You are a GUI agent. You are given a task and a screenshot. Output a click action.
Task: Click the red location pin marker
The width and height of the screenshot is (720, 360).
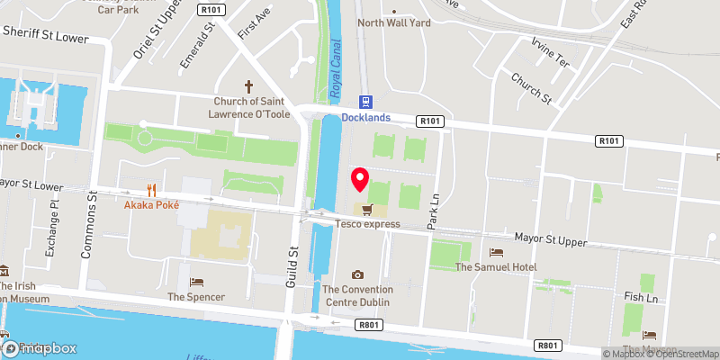361,179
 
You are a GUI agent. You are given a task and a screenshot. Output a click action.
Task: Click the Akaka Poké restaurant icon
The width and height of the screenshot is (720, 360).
152,190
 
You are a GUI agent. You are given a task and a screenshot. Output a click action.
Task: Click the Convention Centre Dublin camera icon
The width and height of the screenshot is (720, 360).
358,274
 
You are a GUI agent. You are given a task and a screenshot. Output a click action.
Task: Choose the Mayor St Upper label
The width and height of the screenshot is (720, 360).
551,241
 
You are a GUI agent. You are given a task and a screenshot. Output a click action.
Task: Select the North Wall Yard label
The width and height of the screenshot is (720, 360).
393,22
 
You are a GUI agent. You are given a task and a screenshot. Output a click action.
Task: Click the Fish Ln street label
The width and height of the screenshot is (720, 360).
642,296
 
